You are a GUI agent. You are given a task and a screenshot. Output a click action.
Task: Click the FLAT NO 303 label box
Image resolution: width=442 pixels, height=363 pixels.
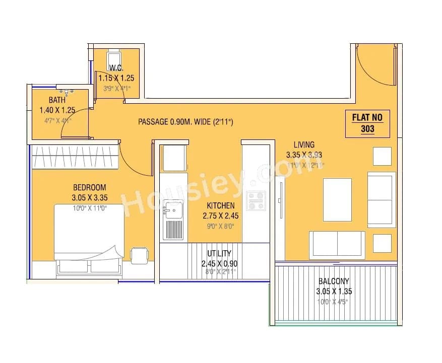click(367, 123)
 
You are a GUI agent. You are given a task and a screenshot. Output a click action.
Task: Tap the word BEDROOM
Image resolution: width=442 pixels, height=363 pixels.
click(89, 187)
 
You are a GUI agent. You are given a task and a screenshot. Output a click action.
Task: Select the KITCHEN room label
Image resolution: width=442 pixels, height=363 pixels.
click(220, 205)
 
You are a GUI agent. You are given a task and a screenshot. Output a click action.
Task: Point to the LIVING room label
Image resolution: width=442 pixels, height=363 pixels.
click(304, 145)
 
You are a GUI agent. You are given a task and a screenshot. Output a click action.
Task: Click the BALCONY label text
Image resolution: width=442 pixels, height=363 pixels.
click(333, 281)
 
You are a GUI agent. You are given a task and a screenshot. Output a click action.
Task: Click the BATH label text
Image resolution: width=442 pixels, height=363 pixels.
click(57, 100)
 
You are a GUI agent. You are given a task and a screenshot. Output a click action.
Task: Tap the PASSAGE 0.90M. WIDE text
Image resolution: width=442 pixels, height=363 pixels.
click(185, 122)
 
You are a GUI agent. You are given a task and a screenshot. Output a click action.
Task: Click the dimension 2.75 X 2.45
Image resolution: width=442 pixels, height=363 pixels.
click(220, 215)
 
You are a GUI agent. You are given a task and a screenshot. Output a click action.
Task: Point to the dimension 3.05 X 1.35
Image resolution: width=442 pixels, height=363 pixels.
click(333, 292)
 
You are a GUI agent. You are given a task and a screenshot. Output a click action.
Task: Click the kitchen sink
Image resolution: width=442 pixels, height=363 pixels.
click(174, 210)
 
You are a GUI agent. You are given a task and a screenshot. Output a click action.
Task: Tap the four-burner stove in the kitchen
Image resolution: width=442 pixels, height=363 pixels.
click(256, 200)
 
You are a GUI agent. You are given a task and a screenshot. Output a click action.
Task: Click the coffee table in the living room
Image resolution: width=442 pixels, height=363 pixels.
click(337, 200)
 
